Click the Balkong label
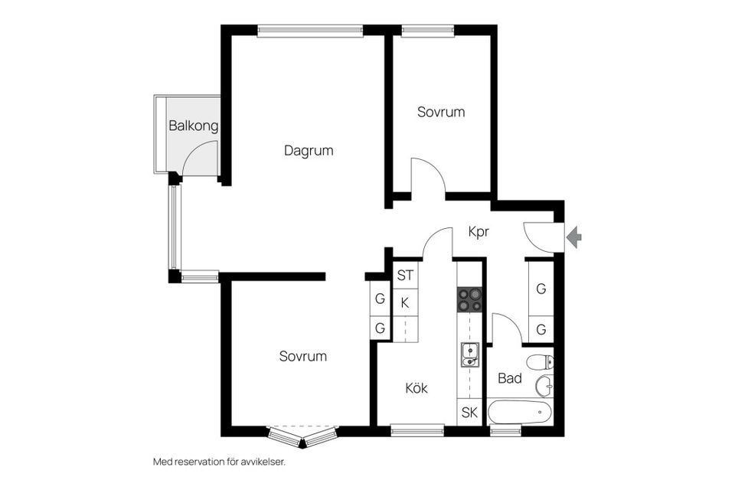point(194,126)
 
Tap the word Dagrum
point(309,151)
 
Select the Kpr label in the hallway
point(479,231)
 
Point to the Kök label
point(416,388)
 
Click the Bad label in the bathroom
point(509,378)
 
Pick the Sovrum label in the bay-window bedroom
point(302,356)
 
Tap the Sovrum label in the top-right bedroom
point(441,112)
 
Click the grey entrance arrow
point(573,238)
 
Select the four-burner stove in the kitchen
point(470,299)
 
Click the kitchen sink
point(469,354)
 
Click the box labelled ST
point(405,275)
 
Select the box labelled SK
point(469,413)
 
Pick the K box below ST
point(405,302)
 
